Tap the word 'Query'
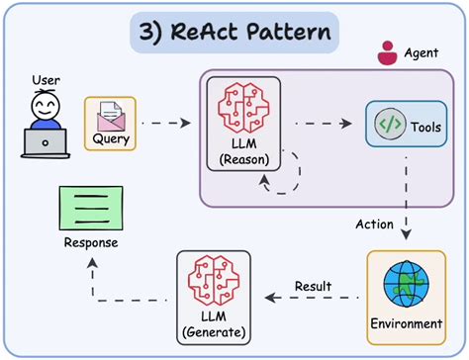pyautogui.click(x=111, y=140)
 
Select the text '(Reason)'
pyautogui.click(x=242, y=158)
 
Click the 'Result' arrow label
pyautogui.click(x=317, y=287)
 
